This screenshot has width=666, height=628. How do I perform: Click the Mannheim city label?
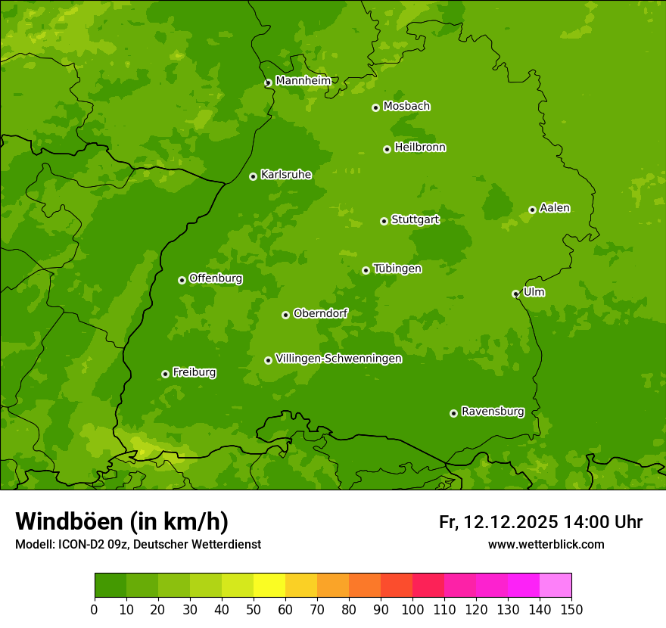303,80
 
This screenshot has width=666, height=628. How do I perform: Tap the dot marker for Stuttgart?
384,221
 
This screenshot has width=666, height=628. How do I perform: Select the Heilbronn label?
420,147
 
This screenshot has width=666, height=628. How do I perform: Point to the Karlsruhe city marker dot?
253,176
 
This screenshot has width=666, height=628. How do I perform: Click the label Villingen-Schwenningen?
338,358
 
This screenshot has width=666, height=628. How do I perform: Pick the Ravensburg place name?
492,411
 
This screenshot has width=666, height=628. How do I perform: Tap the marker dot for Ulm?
515,294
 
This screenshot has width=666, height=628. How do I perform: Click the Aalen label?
555,207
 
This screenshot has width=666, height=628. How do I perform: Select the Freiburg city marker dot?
165,374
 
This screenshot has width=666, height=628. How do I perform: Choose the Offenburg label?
216,278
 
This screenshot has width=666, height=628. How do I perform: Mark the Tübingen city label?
397,268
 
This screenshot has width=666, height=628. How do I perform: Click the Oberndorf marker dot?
285,315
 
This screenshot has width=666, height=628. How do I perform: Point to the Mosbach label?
406,106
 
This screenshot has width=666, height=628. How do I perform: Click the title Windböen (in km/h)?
121,521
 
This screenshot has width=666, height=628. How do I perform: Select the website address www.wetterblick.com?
546,544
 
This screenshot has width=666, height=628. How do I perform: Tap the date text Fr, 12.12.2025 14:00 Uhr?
540,522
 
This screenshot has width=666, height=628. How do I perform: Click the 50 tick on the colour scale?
254,609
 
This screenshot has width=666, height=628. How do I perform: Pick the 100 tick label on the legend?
412,609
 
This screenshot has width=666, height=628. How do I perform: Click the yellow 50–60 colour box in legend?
269,585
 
